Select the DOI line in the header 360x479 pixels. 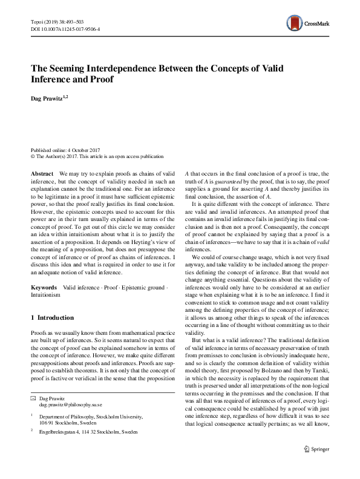click(x=65, y=28)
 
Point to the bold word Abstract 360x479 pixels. click(x=42, y=173)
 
